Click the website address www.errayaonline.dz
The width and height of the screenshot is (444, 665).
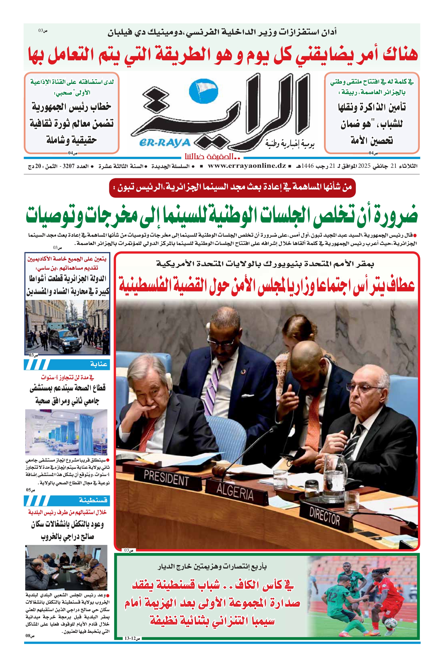247,166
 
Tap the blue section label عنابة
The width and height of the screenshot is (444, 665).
99,364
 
